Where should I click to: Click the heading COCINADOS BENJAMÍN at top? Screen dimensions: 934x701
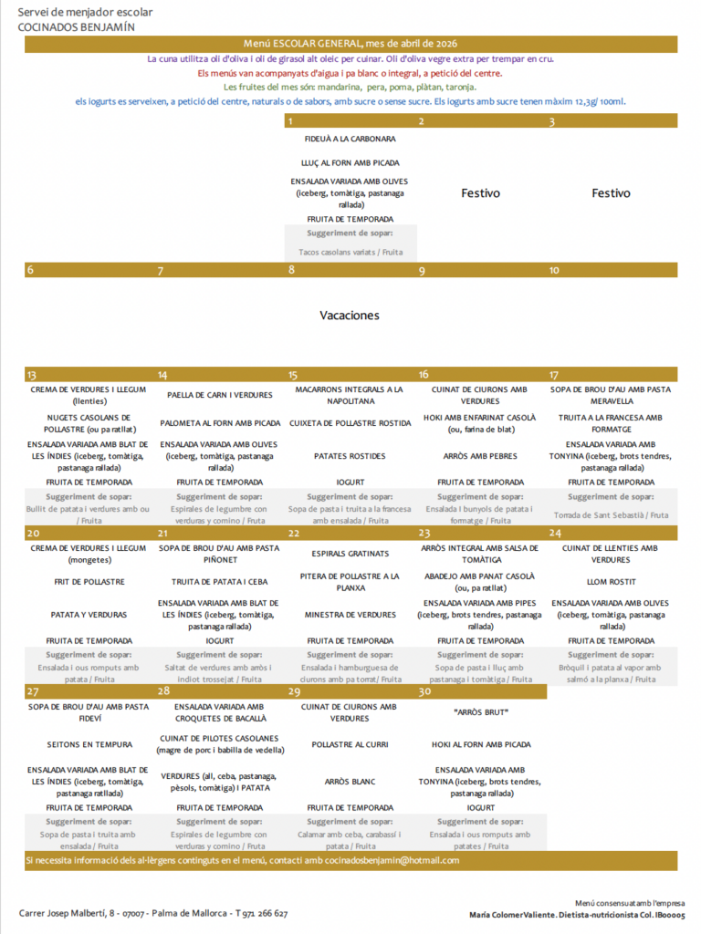tap(77, 26)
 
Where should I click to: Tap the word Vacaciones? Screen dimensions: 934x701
tap(350, 316)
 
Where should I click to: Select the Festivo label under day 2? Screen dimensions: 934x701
tap(480, 193)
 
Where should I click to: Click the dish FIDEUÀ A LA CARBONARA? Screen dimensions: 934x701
tap(350, 140)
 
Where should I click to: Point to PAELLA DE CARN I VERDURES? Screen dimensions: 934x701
tap(220, 396)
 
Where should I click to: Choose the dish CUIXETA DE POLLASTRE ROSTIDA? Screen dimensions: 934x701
tap(350, 423)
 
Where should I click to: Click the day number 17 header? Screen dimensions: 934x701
tap(554, 375)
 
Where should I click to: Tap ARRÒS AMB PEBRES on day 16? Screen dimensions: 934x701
tap(480, 455)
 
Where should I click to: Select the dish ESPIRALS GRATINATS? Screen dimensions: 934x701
tap(350, 554)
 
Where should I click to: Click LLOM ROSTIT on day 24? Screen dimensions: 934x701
tap(611, 581)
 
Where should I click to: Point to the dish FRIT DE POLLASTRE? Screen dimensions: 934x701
tap(89, 581)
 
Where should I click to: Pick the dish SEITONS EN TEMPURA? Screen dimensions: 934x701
tap(89, 744)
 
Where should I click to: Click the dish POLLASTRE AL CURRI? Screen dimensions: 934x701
tap(350, 744)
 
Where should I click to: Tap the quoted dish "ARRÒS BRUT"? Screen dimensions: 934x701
tap(480, 711)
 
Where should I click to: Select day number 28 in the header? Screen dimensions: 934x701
tap(164, 692)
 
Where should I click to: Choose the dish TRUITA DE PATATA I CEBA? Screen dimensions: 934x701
tap(220, 581)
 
